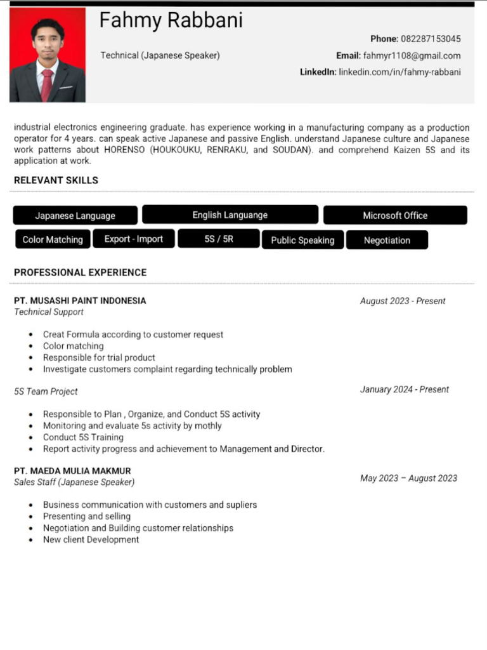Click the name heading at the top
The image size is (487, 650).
(171, 21)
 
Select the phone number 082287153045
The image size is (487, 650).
(431, 39)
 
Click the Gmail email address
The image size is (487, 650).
(412, 56)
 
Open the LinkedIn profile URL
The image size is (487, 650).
(399, 72)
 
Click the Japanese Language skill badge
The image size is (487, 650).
(75, 216)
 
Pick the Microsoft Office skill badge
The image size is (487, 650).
(395, 216)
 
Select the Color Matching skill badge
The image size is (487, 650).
(53, 240)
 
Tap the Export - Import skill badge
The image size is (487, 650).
(134, 239)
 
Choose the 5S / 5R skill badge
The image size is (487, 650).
(219, 239)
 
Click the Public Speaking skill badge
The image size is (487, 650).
(302, 241)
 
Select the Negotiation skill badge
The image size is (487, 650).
(387, 241)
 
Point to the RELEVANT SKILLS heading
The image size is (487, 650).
(56, 180)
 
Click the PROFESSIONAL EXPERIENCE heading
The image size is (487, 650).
(80, 273)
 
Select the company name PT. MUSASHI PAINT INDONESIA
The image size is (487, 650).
(80, 301)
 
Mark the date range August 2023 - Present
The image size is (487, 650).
(403, 301)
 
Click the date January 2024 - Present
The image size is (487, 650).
(404, 390)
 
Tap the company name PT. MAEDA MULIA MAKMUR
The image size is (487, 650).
(72, 471)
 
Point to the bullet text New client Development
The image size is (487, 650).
(91, 540)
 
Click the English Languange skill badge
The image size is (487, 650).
(230, 215)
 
